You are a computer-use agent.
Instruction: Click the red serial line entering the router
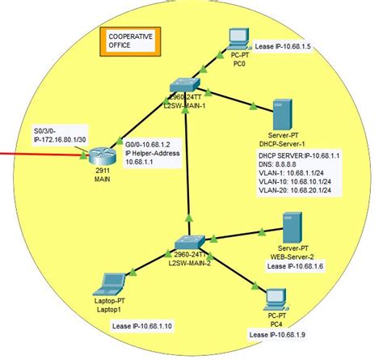click(40, 153)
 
